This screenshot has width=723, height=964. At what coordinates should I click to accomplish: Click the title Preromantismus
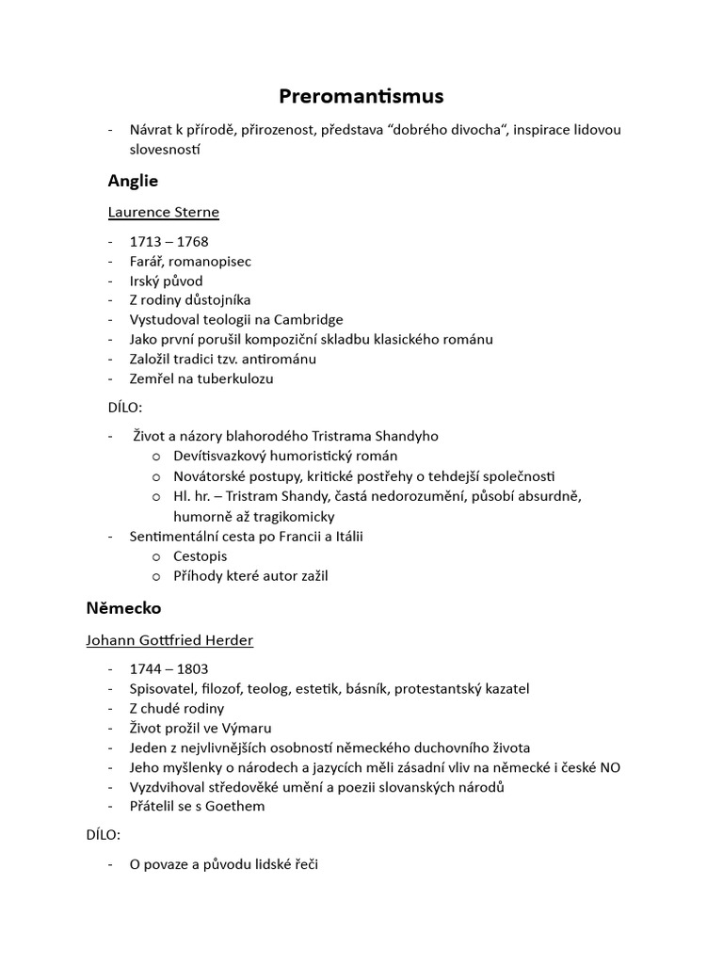point(361,96)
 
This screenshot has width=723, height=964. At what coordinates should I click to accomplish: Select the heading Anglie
point(133,181)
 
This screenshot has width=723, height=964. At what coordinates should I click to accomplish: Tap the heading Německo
point(123,608)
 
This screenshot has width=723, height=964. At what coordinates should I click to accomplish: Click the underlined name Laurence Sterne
point(164,212)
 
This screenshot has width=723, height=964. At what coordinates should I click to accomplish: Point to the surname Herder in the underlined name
point(225,640)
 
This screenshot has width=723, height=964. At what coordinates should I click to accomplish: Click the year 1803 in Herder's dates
point(190,668)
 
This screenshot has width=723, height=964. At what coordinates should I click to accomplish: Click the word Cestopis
point(200,555)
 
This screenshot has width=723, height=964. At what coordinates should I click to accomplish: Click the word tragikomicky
point(291,516)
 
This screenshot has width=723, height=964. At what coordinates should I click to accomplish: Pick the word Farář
point(149,261)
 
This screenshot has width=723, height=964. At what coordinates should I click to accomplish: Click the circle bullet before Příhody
point(155,576)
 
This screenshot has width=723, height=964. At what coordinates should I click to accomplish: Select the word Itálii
point(345,536)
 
